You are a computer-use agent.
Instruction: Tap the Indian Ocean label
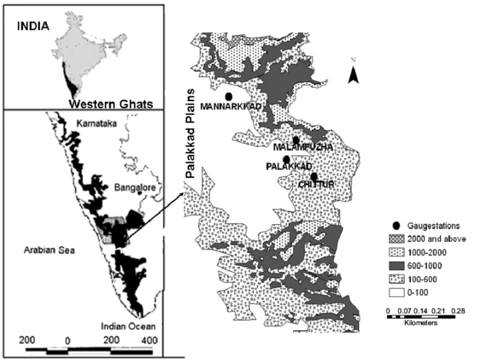127,326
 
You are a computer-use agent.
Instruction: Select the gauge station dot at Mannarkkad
229,96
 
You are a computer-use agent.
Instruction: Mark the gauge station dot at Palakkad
286,159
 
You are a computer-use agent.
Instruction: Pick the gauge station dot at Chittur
314,177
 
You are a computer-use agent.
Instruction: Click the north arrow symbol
353,74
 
